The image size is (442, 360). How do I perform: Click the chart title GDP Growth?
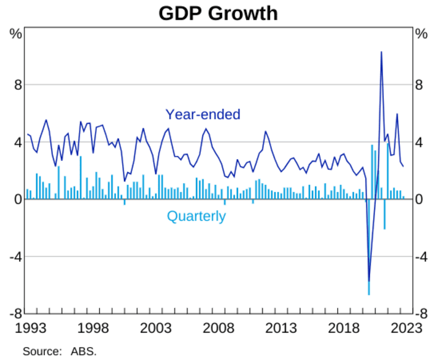[x=218, y=13]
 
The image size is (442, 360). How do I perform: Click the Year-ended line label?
[x=203, y=114]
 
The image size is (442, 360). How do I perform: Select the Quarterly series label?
[x=196, y=216]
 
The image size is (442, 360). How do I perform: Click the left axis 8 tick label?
[x=18, y=85]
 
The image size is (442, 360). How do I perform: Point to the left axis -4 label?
[x=16, y=257]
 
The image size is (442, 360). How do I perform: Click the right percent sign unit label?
[x=421, y=34]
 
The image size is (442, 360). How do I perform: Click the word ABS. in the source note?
[x=86, y=351]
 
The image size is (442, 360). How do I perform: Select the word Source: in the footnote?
[x=42, y=351]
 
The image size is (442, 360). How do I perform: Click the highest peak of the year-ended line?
[x=381, y=52]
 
